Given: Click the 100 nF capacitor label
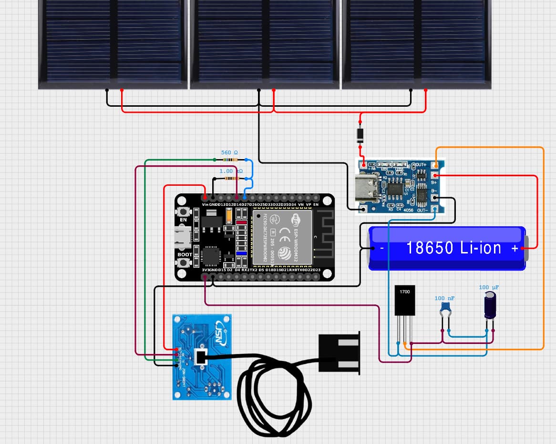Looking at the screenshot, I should tap(444, 298).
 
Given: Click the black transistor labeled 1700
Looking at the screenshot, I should tap(405, 300).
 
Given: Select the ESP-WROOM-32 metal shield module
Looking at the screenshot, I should tap(281, 237).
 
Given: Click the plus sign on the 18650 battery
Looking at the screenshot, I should tap(515, 248).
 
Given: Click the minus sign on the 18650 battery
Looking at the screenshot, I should tap(381, 248).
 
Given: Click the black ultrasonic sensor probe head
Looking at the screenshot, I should tap(339, 353).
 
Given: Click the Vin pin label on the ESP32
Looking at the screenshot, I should tap(206, 204).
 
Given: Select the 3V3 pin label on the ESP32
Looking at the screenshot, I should tap(206, 270).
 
